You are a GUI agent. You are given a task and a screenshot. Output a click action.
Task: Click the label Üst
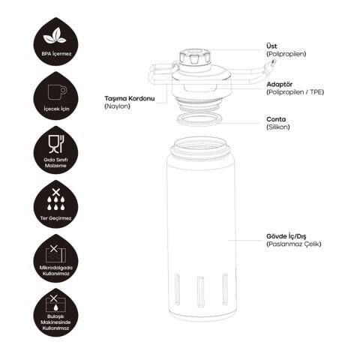pyautogui.click(x=271, y=46)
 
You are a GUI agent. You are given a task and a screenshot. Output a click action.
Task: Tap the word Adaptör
pyautogui.click(x=279, y=84)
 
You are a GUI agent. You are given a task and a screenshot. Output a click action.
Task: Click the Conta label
pyautogui.click(x=276, y=118)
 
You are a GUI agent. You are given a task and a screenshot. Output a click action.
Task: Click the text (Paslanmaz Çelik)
pyautogui.click(x=294, y=244)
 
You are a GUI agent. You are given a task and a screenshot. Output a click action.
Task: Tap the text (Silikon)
pyautogui.click(x=278, y=127)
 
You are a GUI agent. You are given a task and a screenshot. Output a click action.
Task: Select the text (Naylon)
pyautogui.click(x=117, y=106)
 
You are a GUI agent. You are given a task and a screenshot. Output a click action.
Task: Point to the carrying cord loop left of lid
pyautogui.click(x=159, y=73)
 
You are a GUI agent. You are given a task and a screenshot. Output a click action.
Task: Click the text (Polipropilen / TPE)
pyautogui.click(x=294, y=92)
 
